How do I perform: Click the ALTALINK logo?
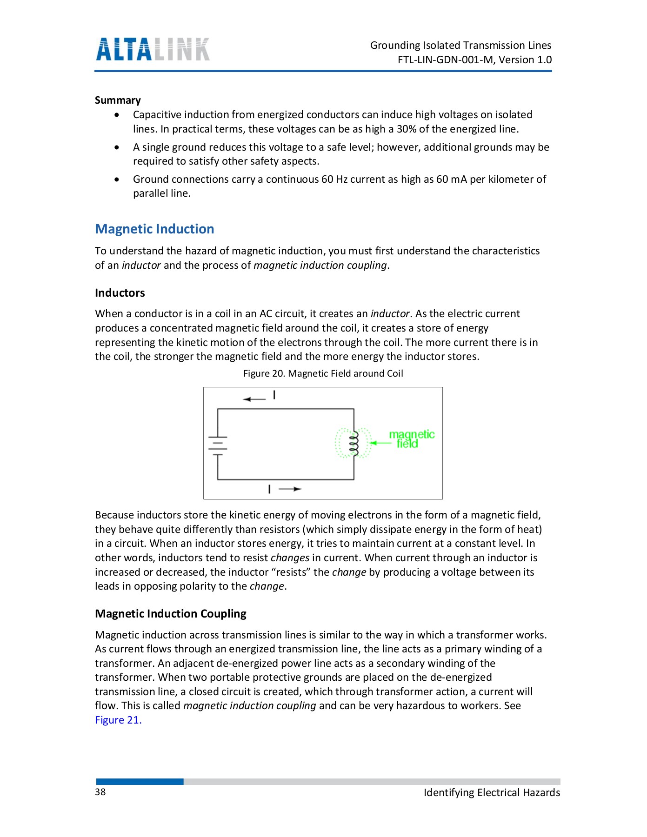pos(153,49)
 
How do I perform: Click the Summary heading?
pos(118,100)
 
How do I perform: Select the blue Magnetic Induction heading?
pos(154,229)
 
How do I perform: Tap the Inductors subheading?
pos(120,293)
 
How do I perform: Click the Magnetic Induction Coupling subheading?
pos(170,614)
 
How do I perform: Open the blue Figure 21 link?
pos(118,720)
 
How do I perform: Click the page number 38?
pos(100,792)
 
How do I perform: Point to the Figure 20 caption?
pos(323,373)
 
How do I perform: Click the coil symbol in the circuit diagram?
pos(354,444)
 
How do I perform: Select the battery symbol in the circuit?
pos(218,445)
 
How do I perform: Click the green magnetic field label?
pos(411,438)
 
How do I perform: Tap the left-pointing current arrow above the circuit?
pos(254,399)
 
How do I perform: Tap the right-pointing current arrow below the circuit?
pos(291,489)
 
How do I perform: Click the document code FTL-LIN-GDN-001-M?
pos(445,60)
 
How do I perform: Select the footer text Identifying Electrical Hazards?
pos(492,793)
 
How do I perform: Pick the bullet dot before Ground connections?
pos(117,179)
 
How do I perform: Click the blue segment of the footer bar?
pos(140,782)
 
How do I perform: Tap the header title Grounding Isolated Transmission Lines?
pos(460,46)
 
